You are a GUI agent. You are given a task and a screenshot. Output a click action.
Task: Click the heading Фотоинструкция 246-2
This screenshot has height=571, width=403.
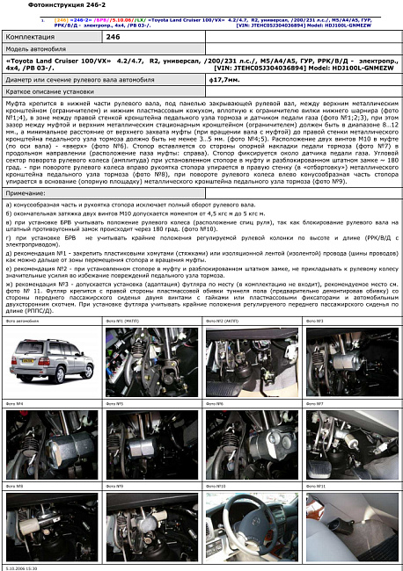click(x=42, y=5)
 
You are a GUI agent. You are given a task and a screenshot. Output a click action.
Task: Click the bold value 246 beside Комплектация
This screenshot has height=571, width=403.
click(x=113, y=39)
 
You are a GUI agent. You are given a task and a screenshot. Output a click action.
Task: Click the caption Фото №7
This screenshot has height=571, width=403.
click(x=314, y=403)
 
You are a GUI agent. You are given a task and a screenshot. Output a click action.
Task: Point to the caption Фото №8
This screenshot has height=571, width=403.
click(x=14, y=485)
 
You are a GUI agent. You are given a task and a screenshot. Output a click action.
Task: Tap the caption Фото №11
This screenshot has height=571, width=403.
click(x=315, y=485)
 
